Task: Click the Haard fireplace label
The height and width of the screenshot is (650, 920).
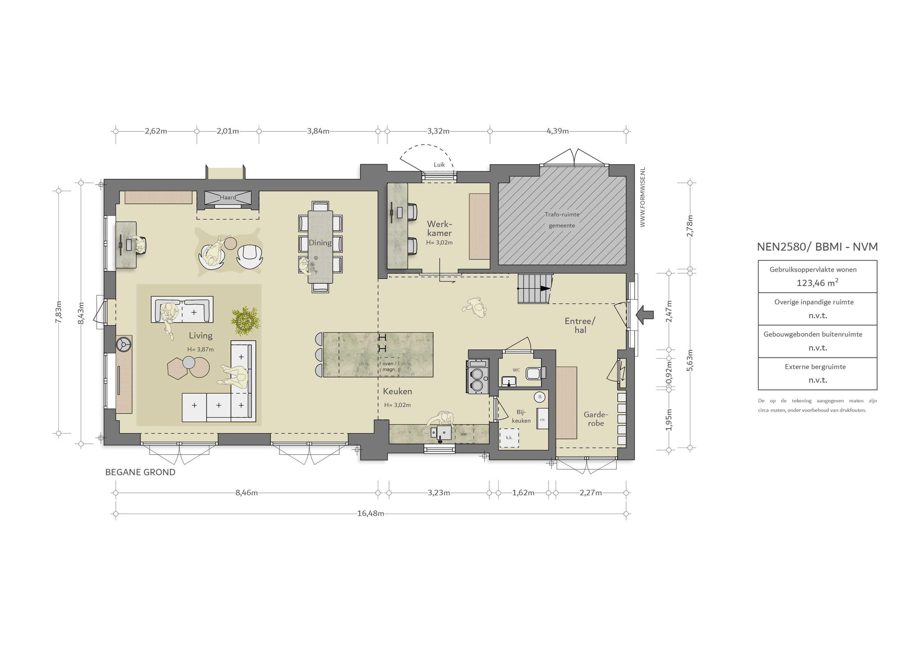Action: [228, 198]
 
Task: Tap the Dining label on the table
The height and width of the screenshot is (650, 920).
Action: [320, 243]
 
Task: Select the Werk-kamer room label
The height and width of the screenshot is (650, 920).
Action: [439, 228]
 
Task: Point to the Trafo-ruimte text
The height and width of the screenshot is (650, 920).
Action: [562, 215]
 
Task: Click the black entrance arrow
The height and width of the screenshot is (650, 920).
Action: [645, 314]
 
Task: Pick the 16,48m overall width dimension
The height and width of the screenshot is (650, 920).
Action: [371, 514]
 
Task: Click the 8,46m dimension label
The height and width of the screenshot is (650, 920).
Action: [247, 493]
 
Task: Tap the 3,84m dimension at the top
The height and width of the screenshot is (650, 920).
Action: [318, 131]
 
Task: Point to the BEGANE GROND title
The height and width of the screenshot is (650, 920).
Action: [140, 472]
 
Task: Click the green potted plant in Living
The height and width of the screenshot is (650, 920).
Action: [245, 321]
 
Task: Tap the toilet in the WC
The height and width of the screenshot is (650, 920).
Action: [535, 373]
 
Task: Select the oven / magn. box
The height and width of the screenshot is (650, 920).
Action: [389, 367]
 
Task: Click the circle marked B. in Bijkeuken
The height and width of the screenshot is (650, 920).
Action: [540, 397]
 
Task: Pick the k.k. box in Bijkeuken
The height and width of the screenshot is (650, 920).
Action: [509, 437]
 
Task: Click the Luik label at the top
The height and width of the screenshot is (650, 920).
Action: [439, 165]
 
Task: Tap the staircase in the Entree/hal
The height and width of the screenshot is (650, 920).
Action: [534, 289]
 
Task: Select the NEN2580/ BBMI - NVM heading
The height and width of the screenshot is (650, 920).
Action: [817, 247]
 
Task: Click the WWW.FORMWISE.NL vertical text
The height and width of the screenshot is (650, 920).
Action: [642, 197]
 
